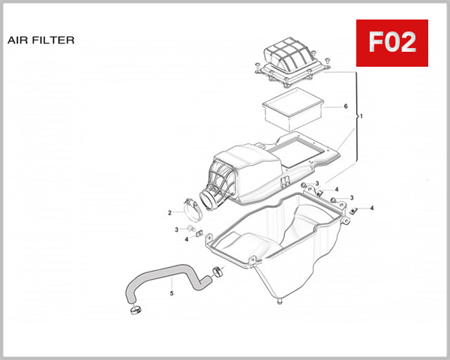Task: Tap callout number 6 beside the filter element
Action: (x=346, y=106)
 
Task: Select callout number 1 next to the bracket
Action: (x=361, y=117)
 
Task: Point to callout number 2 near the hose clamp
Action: (x=169, y=212)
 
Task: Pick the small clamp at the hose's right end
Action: (x=218, y=271)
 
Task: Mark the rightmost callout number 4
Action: (x=372, y=208)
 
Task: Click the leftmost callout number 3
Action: (x=176, y=229)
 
